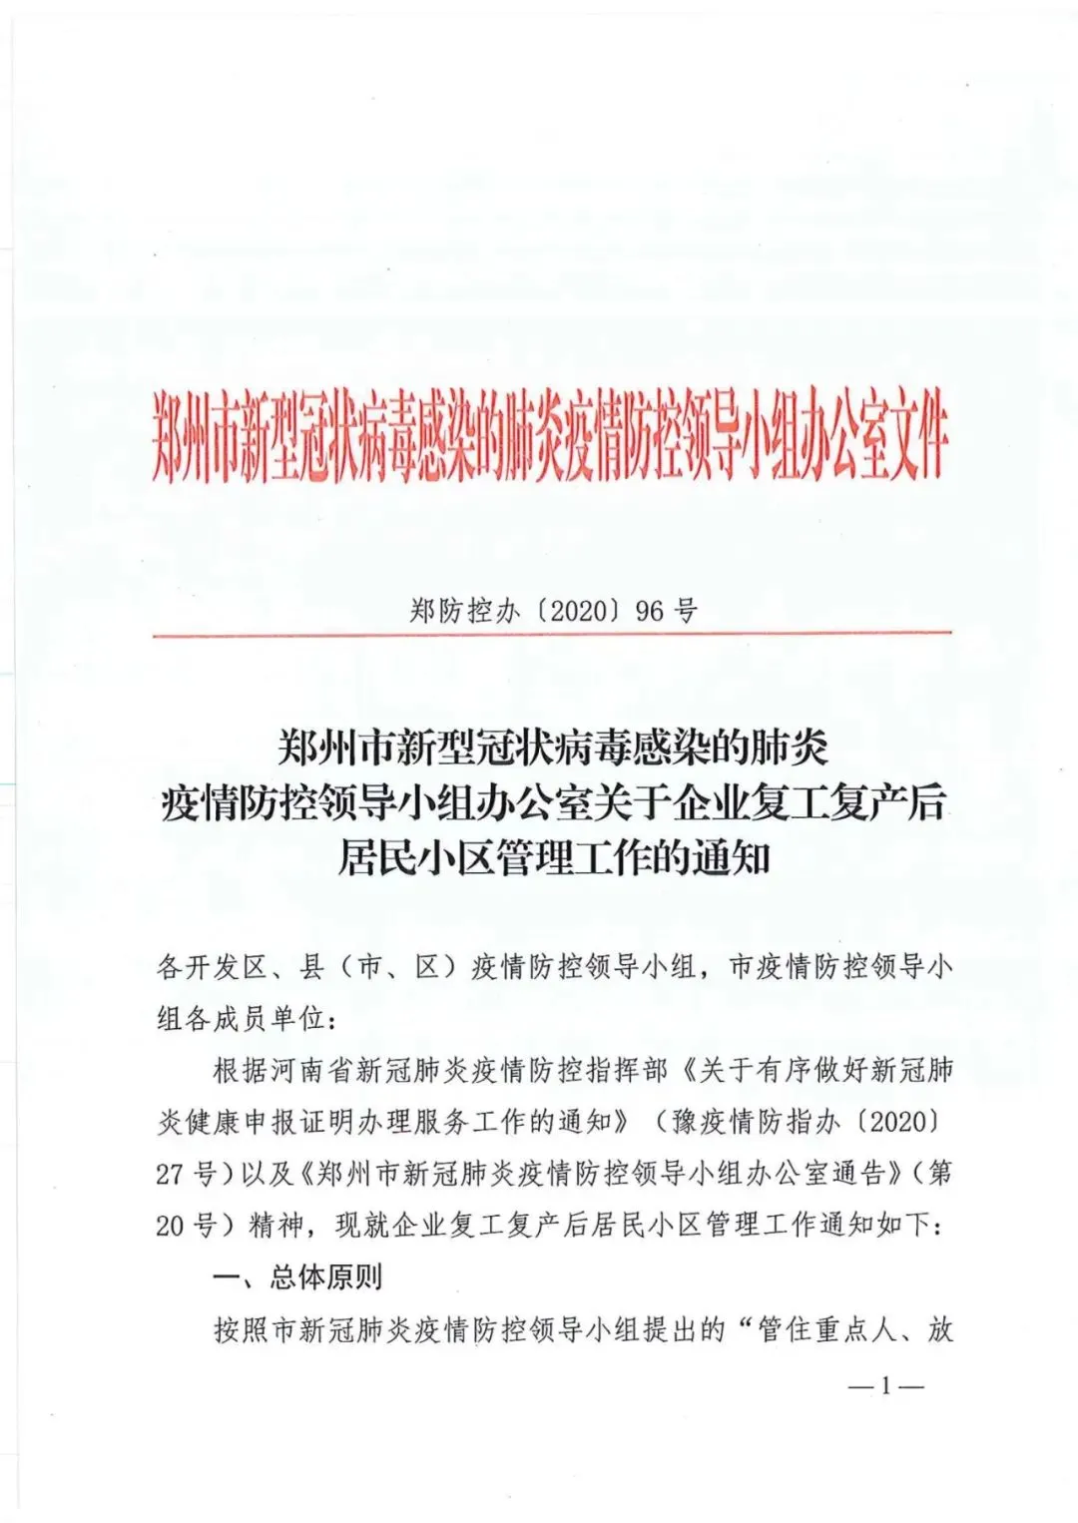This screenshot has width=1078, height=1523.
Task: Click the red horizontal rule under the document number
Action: point(552,633)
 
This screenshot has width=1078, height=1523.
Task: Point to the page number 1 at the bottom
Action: point(885,1385)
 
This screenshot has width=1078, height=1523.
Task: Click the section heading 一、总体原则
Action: point(297,1277)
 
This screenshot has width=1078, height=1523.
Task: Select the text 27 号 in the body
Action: point(186,1175)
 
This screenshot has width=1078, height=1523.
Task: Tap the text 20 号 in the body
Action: point(186,1226)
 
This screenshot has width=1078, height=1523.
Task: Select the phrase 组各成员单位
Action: point(241,1019)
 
